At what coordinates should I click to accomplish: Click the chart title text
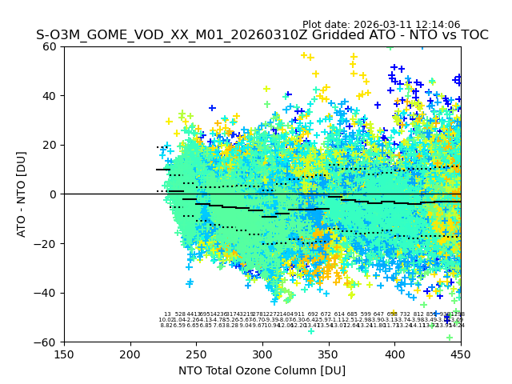(262, 35)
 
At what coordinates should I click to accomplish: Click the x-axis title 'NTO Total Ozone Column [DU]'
(262, 370)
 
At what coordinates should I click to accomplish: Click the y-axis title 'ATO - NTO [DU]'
(22, 194)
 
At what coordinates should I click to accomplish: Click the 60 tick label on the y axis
(50, 46)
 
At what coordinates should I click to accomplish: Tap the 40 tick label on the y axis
(50, 96)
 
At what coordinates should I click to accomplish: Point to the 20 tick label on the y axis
(50, 145)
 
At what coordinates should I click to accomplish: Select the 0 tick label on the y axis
(54, 194)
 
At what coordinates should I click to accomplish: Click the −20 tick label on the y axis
(46, 243)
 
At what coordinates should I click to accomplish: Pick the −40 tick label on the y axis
(46, 293)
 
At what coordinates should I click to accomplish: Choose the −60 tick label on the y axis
(46, 342)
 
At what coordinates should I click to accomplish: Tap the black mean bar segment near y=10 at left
(163, 170)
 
